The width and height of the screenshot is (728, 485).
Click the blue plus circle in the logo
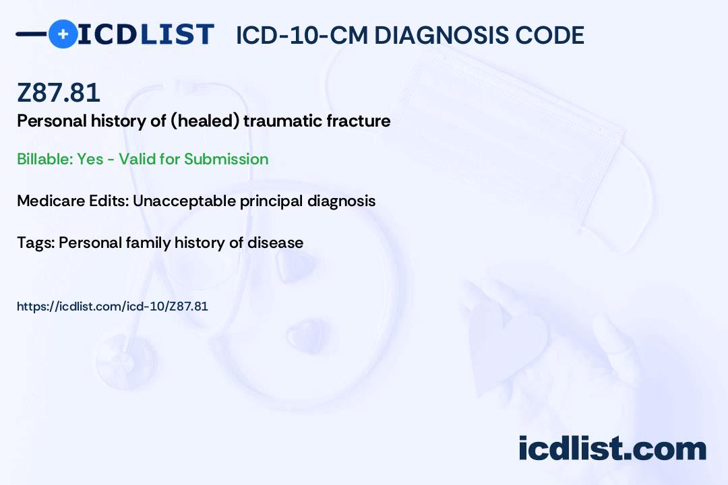(63, 34)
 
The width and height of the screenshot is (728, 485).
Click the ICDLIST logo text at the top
(146, 34)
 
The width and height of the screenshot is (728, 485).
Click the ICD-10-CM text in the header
(302, 35)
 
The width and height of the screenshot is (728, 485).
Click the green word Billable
(44, 159)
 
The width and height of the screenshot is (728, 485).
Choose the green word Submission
(226, 159)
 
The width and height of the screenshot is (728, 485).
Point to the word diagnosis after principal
(341, 201)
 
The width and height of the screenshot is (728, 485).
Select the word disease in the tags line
(275, 243)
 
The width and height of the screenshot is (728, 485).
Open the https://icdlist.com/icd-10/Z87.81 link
(113, 306)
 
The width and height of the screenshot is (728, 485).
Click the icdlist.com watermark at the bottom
(612, 449)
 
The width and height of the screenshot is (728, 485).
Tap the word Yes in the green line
(90, 159)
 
